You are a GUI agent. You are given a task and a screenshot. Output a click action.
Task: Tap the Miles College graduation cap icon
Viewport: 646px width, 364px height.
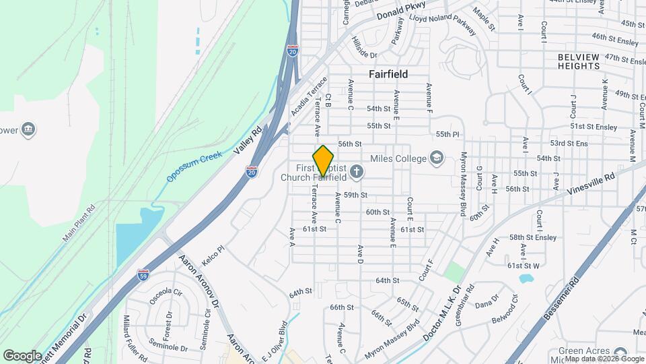[438, 158]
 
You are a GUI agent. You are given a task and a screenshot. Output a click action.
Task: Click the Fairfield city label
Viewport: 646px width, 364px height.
[388, 74]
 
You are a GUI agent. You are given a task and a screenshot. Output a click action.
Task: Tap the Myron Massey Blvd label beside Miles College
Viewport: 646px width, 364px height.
[463, 183]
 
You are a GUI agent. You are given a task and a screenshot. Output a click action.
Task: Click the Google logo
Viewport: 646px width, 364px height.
[22, 355]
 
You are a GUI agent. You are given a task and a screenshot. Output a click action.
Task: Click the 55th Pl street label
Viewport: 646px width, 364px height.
[447, 135]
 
